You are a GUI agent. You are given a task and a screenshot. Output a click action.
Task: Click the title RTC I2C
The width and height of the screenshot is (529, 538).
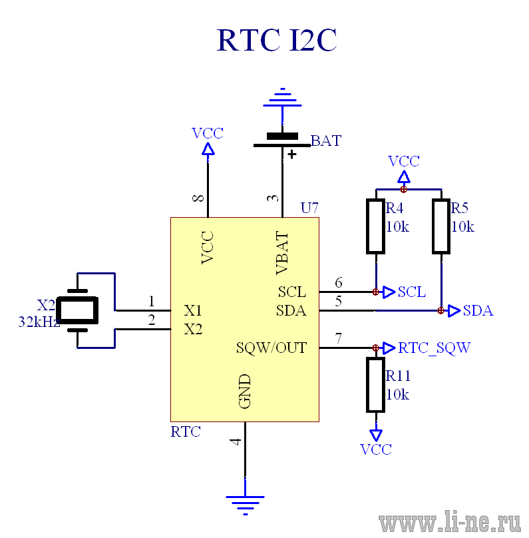277,40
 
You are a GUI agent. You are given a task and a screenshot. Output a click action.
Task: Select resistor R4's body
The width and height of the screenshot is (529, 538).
376,226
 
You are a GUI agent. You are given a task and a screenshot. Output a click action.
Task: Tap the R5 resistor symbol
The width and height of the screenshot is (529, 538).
441,226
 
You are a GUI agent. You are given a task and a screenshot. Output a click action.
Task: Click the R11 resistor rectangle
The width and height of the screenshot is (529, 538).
376,385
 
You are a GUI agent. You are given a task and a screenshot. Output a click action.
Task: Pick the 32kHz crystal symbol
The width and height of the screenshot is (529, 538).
77,310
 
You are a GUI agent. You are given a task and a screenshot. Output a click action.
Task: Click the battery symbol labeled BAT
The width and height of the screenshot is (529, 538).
282,140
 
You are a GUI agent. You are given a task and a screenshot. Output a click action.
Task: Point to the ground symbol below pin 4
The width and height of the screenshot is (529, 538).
245,505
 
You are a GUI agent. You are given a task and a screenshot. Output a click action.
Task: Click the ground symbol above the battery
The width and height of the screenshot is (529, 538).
283,97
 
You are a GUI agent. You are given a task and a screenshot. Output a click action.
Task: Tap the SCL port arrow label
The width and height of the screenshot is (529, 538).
412,292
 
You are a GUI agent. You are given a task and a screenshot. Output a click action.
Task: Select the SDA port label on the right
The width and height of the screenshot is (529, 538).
478,310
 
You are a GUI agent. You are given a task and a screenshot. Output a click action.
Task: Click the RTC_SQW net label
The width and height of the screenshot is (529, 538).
435,348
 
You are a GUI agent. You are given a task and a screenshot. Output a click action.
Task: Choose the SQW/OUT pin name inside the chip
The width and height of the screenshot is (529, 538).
271,348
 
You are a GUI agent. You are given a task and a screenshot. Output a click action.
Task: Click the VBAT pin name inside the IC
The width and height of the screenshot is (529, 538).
282,253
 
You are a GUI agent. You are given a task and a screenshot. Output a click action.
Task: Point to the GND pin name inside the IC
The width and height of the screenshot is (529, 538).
245,391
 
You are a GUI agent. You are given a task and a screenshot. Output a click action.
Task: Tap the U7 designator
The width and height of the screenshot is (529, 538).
309,208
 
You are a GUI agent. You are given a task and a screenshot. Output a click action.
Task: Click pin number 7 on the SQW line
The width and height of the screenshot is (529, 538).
339,338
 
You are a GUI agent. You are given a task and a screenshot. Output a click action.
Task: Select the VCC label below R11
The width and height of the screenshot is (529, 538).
376,449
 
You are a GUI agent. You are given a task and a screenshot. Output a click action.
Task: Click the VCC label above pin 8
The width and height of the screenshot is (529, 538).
208,133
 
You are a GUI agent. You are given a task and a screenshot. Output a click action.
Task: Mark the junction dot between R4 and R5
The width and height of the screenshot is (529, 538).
403,189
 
